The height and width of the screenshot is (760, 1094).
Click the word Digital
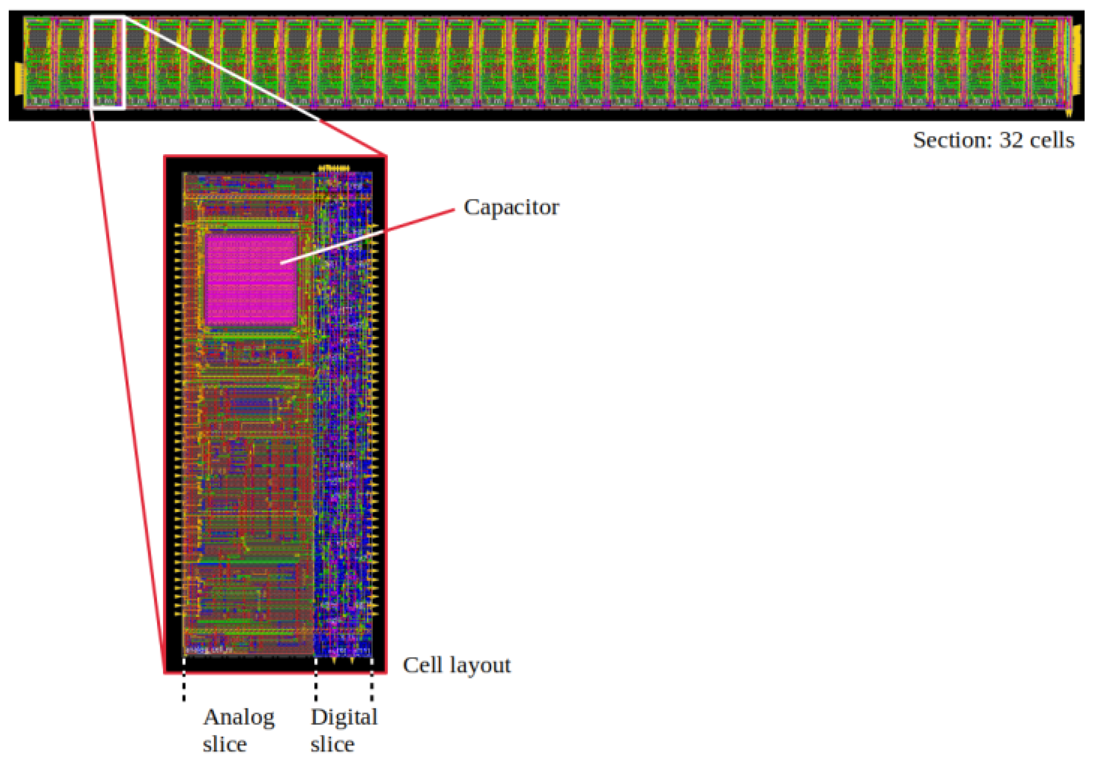[344, 717]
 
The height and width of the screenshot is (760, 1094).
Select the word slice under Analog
[225, 744]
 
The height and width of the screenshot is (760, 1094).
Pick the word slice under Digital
[332, 744]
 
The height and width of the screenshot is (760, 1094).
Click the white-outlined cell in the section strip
[107, 62]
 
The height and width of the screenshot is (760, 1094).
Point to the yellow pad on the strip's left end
[19, 79]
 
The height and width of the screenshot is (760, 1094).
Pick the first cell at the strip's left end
[39, 62]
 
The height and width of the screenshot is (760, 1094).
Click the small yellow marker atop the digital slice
[334, 168]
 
